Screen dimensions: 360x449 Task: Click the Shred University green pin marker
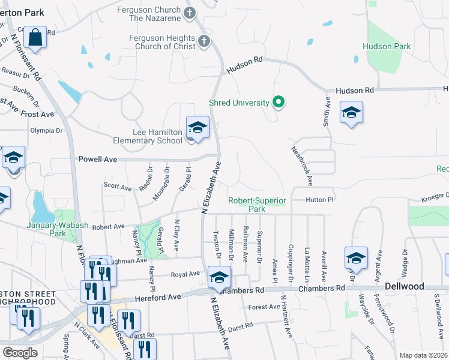(278, 103)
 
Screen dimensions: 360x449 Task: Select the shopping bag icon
(35, 37)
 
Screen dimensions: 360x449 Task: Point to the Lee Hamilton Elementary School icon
(196, 128)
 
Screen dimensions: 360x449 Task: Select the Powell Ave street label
(97, 160)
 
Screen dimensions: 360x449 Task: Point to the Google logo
(20, 353)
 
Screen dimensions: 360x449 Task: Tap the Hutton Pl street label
(319, 199)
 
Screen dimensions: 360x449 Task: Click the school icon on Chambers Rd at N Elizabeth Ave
(219, 277)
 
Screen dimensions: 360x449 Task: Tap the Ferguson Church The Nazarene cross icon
(190, 13)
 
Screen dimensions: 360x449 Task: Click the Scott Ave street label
(117, 187)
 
